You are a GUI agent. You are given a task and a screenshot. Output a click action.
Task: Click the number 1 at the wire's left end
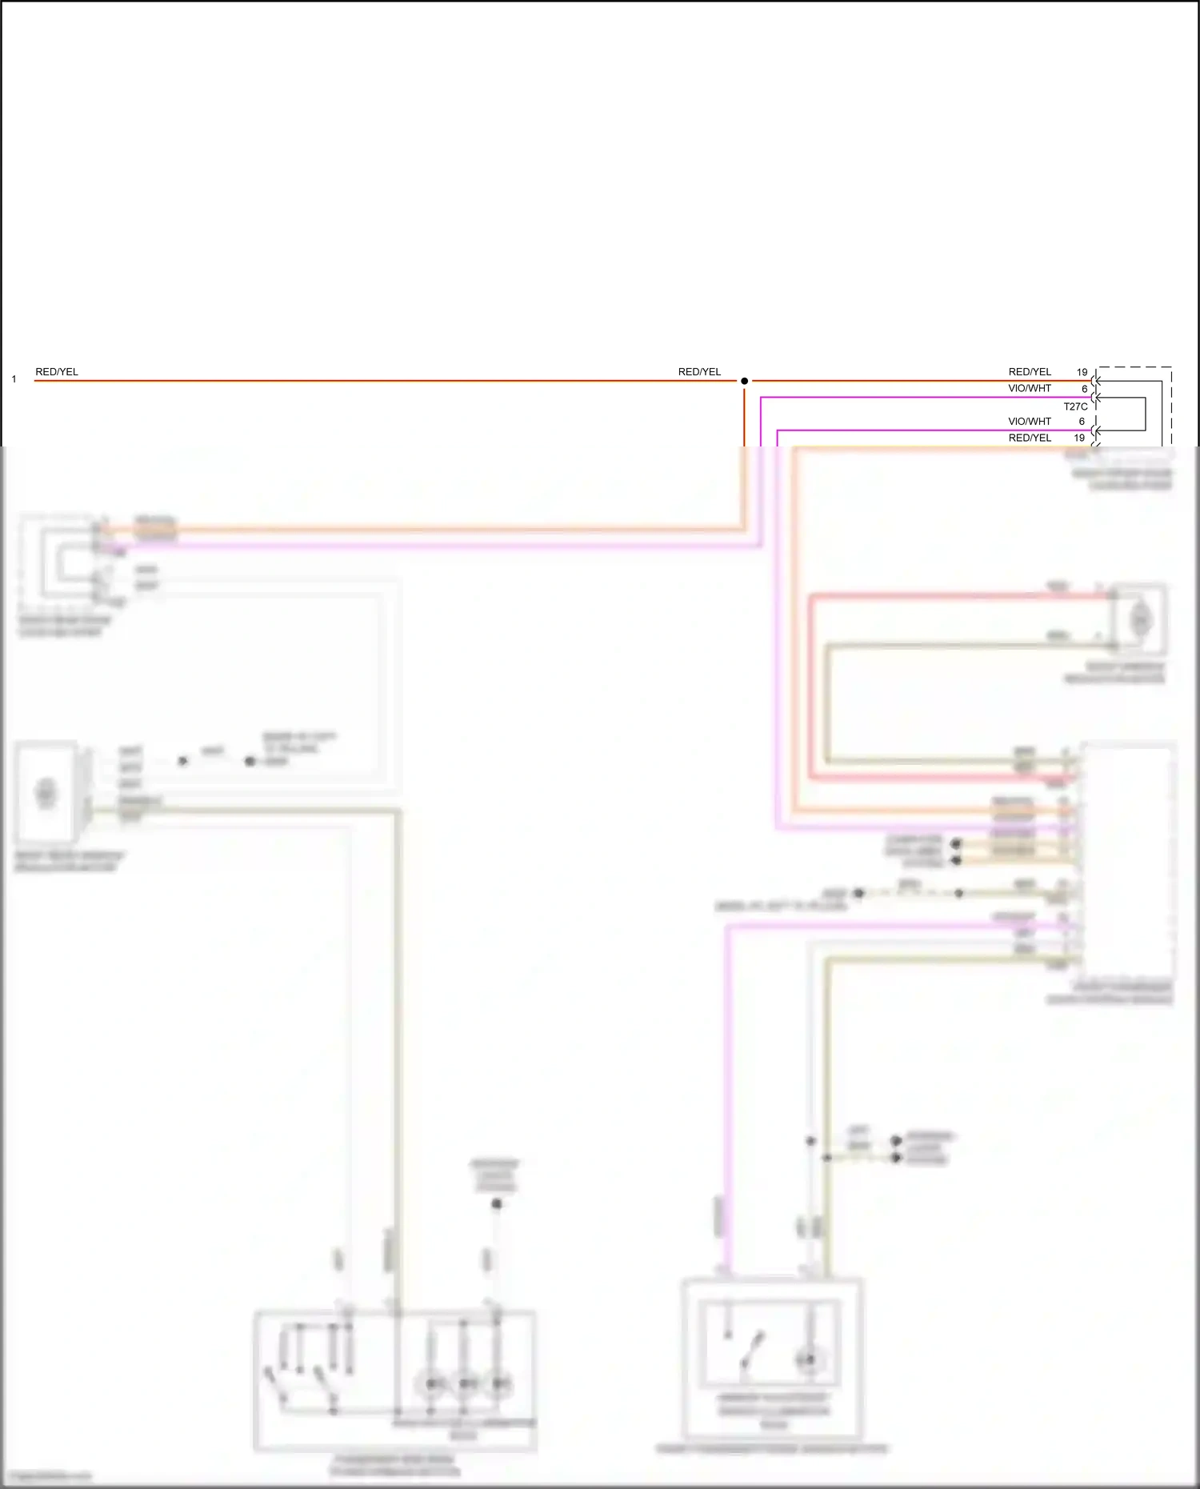click(x=14, y=379)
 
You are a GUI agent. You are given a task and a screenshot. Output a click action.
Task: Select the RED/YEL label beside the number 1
click(x=57, y=372)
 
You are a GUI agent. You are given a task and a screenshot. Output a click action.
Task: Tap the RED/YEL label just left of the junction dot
click(x=699, y=372)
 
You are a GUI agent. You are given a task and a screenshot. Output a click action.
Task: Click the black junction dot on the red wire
click(x=744, y=381)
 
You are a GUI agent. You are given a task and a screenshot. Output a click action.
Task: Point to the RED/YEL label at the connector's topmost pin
click(x=1030, y=372)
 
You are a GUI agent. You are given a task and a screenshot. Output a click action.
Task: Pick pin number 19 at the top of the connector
click(x=1082, y=372)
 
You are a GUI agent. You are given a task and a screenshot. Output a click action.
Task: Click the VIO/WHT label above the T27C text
click(x=1030, y=389)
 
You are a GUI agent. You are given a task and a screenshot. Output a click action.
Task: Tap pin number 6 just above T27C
click(x=1084, y=389)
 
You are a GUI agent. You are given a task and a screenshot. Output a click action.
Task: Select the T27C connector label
click(x=1075, y=406)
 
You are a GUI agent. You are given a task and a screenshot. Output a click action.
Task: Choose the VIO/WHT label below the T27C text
click(x=1030, y=422)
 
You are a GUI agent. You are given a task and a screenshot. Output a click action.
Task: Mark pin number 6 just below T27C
click(x=1082, y=422)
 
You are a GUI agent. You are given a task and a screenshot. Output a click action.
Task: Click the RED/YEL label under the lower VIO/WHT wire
click(x=1030, y=438)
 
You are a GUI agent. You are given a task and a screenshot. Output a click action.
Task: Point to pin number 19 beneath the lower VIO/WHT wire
click(x=1079, y=438)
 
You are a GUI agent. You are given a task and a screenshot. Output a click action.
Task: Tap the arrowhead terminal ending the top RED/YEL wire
click(x=1098, y=381)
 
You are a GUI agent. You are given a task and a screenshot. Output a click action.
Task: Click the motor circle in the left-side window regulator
click(x=46, y=792)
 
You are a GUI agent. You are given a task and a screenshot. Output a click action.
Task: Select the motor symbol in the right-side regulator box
click(x=1140, y=618)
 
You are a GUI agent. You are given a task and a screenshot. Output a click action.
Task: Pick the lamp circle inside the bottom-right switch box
click(x=809, y=1359)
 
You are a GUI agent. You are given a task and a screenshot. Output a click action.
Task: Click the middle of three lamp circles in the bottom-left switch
click(x=465, y=1383)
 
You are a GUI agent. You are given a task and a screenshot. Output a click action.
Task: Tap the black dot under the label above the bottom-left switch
click(x=497, y=1203)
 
